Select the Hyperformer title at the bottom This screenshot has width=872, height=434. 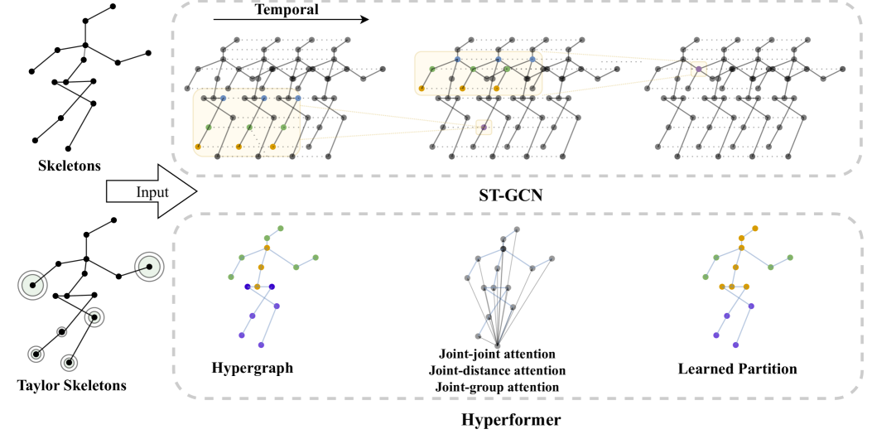pyautogui.click(x=510, y=420)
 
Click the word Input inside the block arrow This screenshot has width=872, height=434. pyautogui.click(x=152, y=192)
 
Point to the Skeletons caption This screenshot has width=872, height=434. pyautogui.click(x=70, y=166)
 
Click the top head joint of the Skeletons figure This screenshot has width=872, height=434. pyautogui.click(x=113, y=7)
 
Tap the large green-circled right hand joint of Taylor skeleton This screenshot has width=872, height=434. pyautogui.click(x=150, y=266)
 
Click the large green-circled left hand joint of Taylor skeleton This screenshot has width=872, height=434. pyautogui.click(x=32, y=286)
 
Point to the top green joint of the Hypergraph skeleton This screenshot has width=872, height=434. pyautogui.click(x=281, y=229)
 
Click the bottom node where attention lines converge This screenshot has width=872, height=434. pyautogui.click(x=497, y=345)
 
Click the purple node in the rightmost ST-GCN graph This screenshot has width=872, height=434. pyautogui.click(x=698, y=71)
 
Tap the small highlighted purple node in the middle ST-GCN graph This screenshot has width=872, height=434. pyautogui.click(x=484, y=128)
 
